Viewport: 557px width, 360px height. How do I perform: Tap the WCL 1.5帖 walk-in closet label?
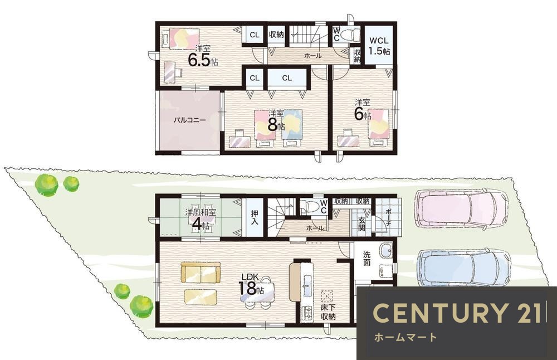pyautogui.click(x=379, y=46)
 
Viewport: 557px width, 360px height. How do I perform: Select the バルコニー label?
pyautogui.click(x=189, y=120)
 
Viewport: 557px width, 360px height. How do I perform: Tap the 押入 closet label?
pyautogui.click(x=255, y=217)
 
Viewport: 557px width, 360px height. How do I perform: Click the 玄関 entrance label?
pyautogui.click(x=361, y=223)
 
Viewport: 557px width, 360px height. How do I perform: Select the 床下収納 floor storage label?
pyautogui.click(x=328, y=312)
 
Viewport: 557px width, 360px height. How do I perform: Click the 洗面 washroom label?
pyautogui.click(x=367, y=259)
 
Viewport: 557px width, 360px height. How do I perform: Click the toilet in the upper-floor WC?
pyautogui.click(x=349, y=35)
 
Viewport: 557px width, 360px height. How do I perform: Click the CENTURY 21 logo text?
pyautogui.click(x=457, y=313)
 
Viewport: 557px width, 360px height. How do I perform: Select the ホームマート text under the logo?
pyautogui.click(x=405, y=337)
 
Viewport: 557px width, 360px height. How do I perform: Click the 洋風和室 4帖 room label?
pyautogui.click(x=201, y=218)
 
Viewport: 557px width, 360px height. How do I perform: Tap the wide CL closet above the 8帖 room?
pyautogui.click(x=287, y=78)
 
